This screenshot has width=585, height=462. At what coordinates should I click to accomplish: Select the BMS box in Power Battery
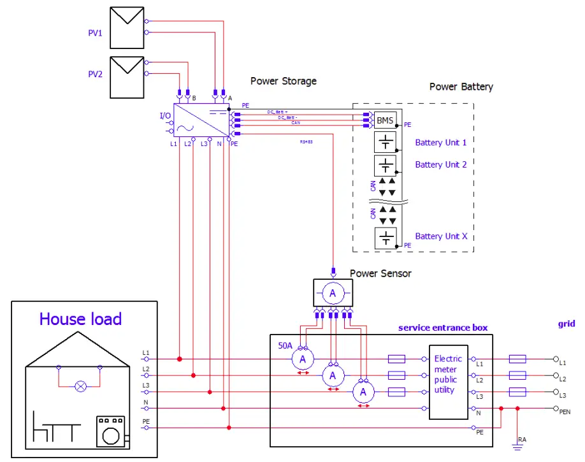pyautogui.click(x=386, y=120)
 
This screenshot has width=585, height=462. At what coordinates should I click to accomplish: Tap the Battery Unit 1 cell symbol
pyautogui.click(x=386, y=143)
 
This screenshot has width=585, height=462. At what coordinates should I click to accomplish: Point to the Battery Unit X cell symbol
pyautogui.click(x=386, y=238)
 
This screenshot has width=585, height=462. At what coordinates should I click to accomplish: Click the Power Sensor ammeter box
pyautogui.click(x=331, y=292)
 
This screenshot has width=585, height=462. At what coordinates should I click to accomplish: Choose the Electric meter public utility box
pyautogui.click(x=448, y=382)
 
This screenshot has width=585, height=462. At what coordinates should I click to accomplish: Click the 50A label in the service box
pyautogui.click(x=285, y=345)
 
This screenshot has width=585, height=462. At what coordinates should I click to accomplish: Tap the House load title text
pyautogui.click(x=80, y=319)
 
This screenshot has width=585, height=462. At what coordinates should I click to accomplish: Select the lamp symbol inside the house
pyautogui.click(x=80, y=386)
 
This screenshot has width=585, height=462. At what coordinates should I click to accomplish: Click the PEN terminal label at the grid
pyautogui.click(x=565, y=412)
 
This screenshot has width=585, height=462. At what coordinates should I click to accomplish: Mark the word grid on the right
pyautogui.click(x=566, y=324)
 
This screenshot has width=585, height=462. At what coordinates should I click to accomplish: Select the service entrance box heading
pyautogui.click(x=443, y=328)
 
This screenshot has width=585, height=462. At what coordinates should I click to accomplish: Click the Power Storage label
pyautogui.click(x=283, y=81)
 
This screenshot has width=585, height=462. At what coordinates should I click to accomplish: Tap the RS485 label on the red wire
pyautogui.click(x=307, y=141)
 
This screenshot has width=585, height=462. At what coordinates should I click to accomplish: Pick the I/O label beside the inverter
pyautogui.click(x=165, y=115)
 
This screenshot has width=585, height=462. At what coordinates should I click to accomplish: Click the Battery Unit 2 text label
pyautogui.click(x=441, y=164)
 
